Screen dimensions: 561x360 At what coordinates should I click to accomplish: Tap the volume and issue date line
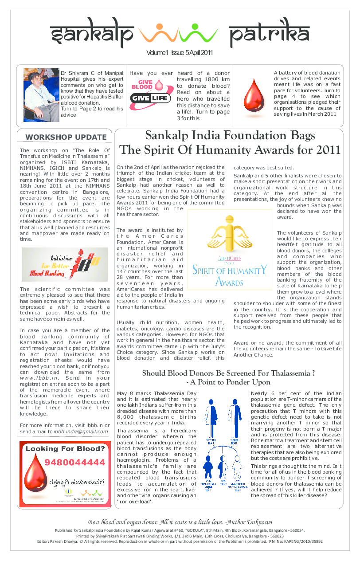[180, 53]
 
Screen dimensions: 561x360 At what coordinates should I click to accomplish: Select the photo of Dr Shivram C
[41, 95]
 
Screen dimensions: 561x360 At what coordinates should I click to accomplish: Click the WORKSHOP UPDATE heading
[66, 137]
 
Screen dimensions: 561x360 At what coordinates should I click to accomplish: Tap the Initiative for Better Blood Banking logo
[65, 264]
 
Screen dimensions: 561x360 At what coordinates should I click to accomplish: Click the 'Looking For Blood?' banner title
[65, 448]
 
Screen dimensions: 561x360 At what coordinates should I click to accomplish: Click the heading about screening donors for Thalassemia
[228, 377]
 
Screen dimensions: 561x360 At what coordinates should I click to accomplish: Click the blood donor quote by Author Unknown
[180, 522]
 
